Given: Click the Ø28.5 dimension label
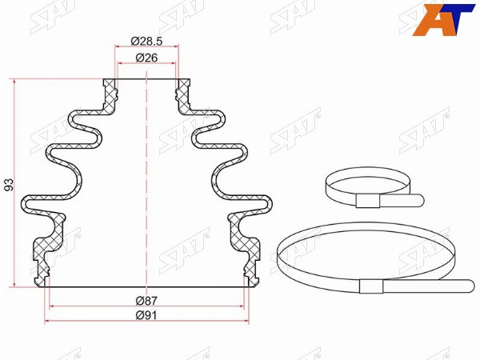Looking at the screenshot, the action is (146, 41).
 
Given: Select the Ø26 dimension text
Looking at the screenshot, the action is (146, 58).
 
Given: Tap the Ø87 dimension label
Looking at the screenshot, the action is (146, 301).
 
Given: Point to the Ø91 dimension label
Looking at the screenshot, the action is (146, 315).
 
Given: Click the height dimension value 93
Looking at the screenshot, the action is (10, 185).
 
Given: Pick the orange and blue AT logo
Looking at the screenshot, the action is (442, 19).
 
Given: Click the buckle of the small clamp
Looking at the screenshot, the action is (368, 201).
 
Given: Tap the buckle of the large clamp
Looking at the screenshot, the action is (371, 286).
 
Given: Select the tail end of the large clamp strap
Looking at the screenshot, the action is (470, 286).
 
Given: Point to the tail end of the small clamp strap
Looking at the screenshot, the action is (420, 200).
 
